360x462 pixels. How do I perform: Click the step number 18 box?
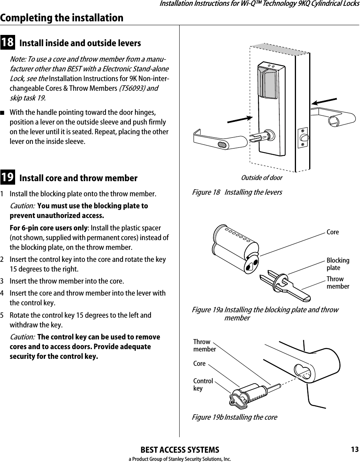click(8, 43)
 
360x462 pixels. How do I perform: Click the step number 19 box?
click(8, 178)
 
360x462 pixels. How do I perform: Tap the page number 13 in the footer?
click(354, 450)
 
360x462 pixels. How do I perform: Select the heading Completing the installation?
click(62, 18)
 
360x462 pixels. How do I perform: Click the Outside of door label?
click(261, 178)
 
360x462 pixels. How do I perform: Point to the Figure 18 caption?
click(237, 192)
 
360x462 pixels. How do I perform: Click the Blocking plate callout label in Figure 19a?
click(337, 264)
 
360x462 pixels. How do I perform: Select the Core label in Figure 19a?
click(332, 232)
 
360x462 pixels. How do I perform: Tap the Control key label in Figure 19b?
click(203, 384)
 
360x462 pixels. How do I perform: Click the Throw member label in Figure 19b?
click(204, 346)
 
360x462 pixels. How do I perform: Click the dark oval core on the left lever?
click(233, 145)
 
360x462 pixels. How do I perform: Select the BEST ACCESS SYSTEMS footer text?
click(180, 450)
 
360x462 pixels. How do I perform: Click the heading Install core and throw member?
click(78, 178)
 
